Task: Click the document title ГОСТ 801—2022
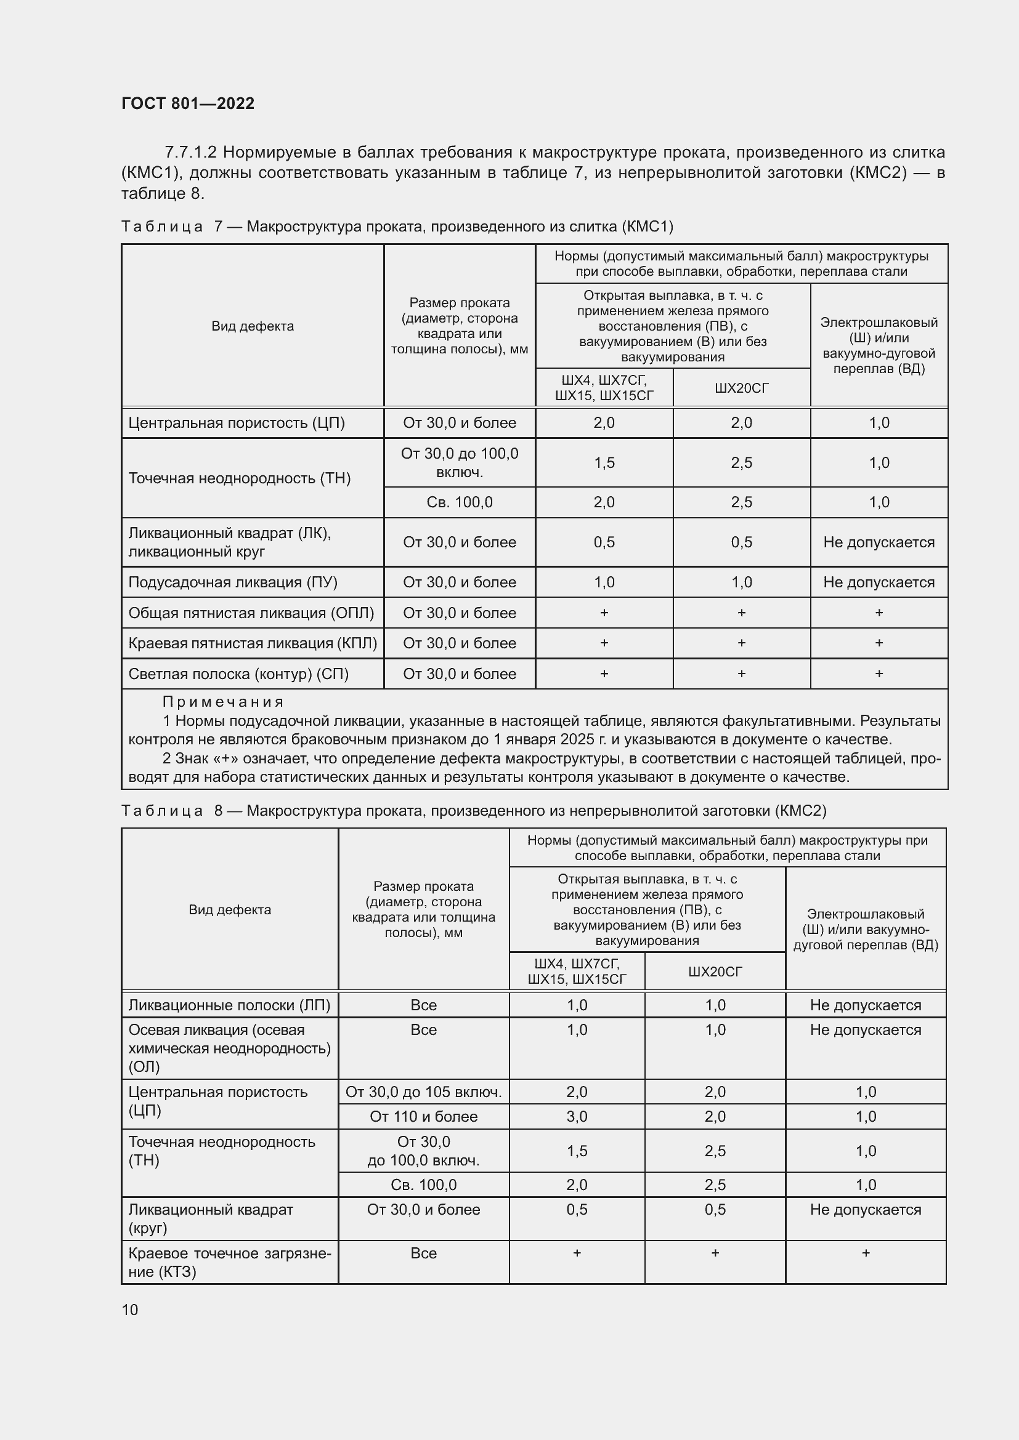[x=188, y=103]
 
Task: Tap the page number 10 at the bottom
[x=130, y=1309]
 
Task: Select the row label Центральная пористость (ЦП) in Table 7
[x=237, y=423]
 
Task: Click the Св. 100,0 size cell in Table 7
[x=460, y=502]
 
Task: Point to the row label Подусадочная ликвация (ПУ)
[x=233, y=582]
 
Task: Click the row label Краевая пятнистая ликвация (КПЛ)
[x=252, y=643]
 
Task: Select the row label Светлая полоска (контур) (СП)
[x=238, y=674]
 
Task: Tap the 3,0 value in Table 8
[x=577, y=1116]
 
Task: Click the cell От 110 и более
[x=423, y=1116]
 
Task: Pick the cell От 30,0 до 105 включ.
[x=423, y=1092]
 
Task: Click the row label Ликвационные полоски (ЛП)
[x=229, y=1005]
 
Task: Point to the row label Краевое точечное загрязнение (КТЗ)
[x=229, y=1262]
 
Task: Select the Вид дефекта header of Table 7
[x=252, y=326]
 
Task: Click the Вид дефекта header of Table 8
[x=230, y=910]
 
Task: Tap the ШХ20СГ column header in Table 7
[x=741, y=388]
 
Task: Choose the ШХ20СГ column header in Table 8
[x=715, y=972]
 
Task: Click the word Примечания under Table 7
[x=223, y=702]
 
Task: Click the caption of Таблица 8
[x=474, y=811]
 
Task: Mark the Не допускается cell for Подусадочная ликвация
[x=879, y=582]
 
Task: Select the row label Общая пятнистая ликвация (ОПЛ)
[x=251, y=613]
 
